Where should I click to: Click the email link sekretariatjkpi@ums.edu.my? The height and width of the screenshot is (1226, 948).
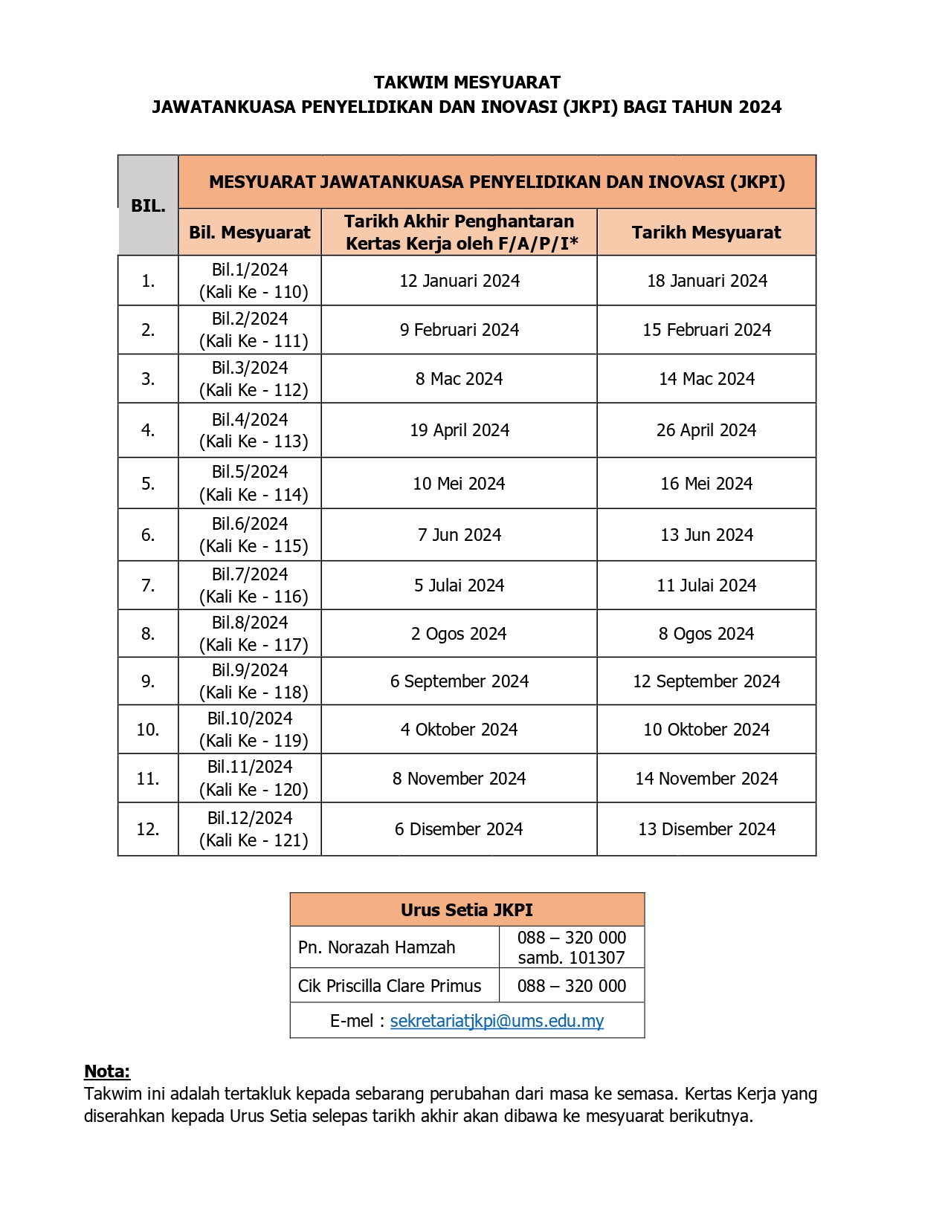[497, 1021]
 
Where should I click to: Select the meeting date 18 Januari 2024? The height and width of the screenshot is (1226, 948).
[706, 281]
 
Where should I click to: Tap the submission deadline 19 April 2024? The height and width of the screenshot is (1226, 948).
[460, 430]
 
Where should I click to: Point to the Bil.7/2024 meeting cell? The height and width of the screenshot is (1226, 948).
[250, 586]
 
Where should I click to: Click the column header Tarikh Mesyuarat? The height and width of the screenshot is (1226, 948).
[706, 233]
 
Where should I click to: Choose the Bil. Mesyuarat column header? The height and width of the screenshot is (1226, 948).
[250, 233]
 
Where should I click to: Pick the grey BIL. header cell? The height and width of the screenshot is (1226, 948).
[148, 206]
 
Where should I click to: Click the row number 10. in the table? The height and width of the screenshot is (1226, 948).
[148, 730]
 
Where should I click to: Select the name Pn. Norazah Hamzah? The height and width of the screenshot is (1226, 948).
[376, 947]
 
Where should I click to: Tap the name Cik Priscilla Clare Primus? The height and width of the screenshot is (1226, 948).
[390, 986]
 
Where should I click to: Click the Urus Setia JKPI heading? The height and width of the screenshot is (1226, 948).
[467, 910]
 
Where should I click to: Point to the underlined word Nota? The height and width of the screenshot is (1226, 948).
[107, 1071]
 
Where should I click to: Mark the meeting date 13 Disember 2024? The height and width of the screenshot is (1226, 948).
[706, 829]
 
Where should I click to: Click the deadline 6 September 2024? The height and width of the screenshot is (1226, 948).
[460, 681]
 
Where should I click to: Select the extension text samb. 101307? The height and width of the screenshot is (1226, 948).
[571, 958]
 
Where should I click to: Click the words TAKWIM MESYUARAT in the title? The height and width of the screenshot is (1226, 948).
[467, 82]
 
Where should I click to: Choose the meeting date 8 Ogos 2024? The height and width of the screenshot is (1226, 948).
[706, 634]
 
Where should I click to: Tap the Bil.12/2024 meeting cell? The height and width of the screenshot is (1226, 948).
[250, 829]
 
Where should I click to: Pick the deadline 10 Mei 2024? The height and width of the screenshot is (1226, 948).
[460, 484]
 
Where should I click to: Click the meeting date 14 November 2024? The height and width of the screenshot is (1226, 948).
[706, 779]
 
